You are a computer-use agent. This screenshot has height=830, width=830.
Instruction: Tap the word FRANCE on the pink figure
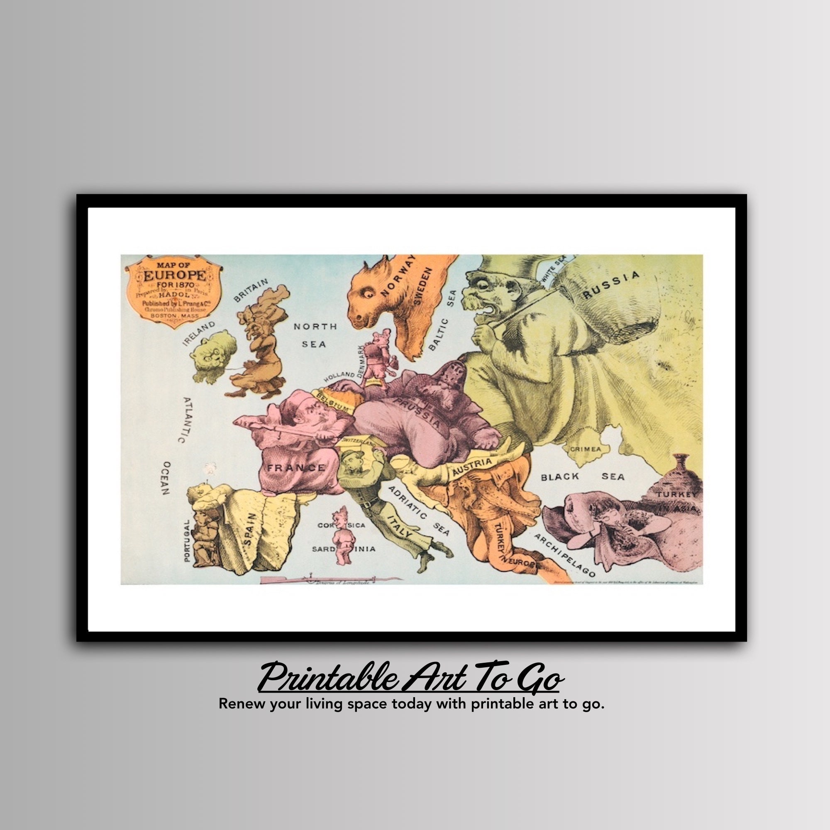(x=296, y=468)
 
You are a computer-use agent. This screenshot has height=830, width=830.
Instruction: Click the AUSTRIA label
(x=471, y=467)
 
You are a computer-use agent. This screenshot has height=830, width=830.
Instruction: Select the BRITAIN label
(x=251, y=290)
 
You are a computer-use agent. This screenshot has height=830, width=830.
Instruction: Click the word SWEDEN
(x=422, y=286)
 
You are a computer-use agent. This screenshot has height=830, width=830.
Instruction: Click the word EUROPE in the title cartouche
(x=174, y=276)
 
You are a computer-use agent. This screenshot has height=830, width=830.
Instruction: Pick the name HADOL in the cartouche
(x=174, y=295)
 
